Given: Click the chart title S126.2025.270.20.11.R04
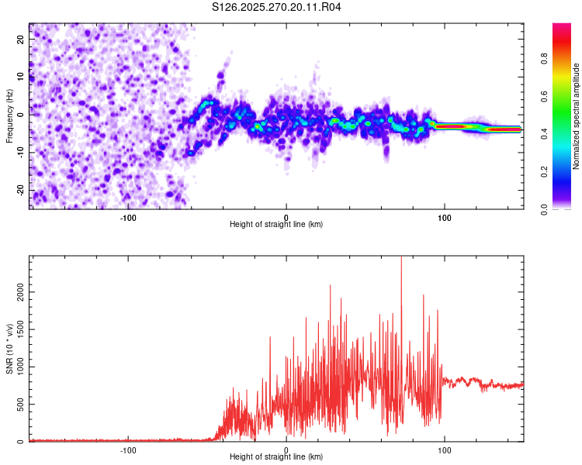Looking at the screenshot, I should [x=277, y=7].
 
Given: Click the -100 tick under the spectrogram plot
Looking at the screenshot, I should [x=128, y=216].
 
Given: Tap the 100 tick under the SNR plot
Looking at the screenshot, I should [x=445, y=449].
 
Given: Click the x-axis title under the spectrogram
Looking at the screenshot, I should [x=276, y=225].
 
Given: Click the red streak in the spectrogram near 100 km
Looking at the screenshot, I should [x=450, y=126].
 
